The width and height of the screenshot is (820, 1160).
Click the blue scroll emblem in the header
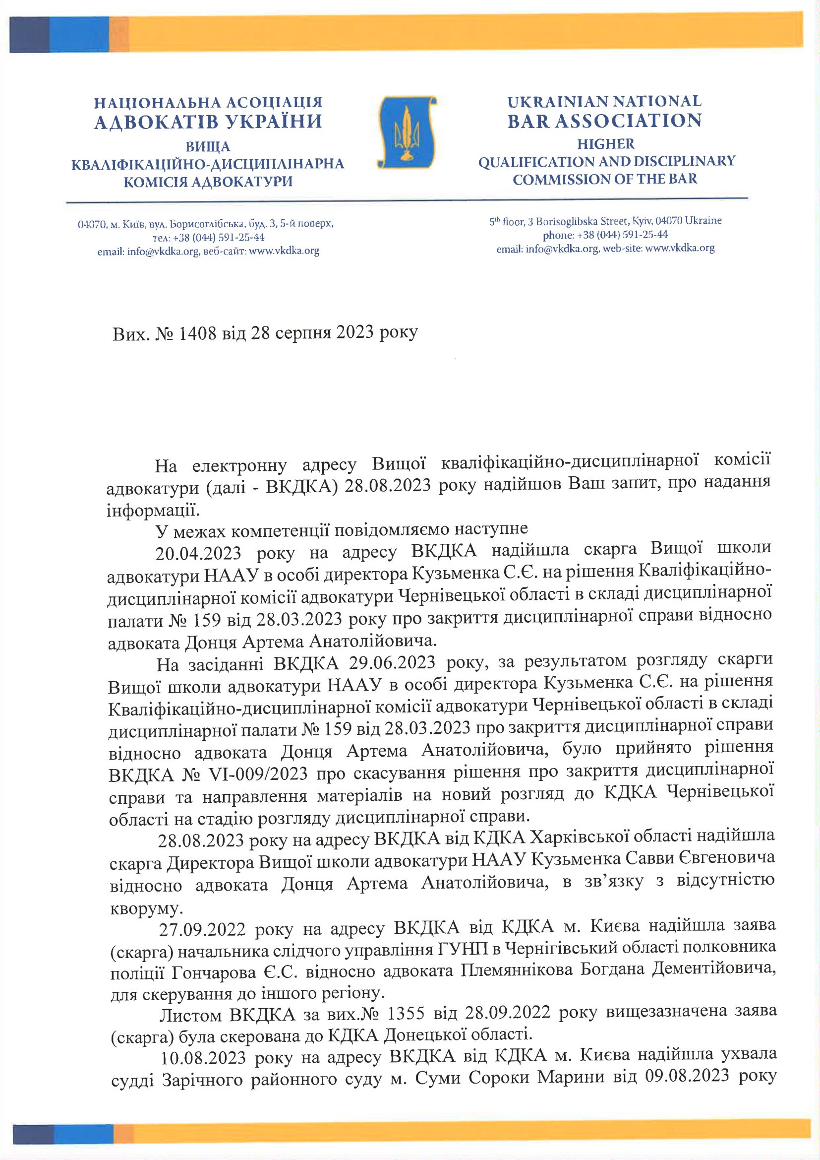(x=407, y=132)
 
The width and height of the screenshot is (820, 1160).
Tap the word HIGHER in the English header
(x=605, y=144)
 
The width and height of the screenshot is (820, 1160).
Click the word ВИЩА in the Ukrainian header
(x=208, y=147)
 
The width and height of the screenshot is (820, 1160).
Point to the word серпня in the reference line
(x=300, y=333)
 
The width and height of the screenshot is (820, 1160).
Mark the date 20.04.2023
(x=198, y=553)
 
